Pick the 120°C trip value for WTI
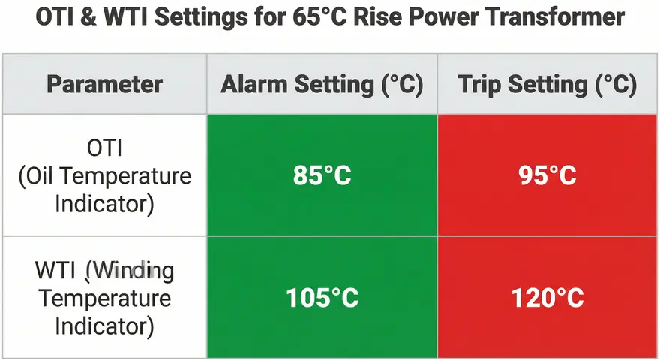point(547,298)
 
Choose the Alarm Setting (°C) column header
point(322,84)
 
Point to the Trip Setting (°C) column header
point(547,84)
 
